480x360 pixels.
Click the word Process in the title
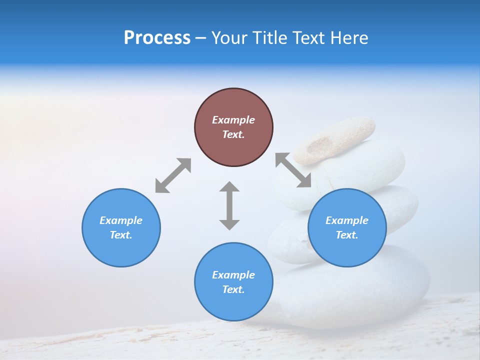[x=157, y=38]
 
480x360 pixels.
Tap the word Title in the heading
[x=270, y=38]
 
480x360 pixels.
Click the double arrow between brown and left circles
[x=173, y=175]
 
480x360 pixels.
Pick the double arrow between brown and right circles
[x=293, y=170]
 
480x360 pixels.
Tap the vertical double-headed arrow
[x=229, y=205]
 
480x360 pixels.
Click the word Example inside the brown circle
[x=233, y=120]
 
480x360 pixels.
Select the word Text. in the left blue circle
[x=121, y=235]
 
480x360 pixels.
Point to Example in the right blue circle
[x=347, y=220]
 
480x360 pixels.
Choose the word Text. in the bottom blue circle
[x=233, y=289]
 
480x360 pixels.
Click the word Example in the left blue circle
[x=121, y=220]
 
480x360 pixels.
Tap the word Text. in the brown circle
[x=233, y=134]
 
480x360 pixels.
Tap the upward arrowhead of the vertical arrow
[x=229, y=187]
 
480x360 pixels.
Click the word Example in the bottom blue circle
[x=233, y=275]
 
